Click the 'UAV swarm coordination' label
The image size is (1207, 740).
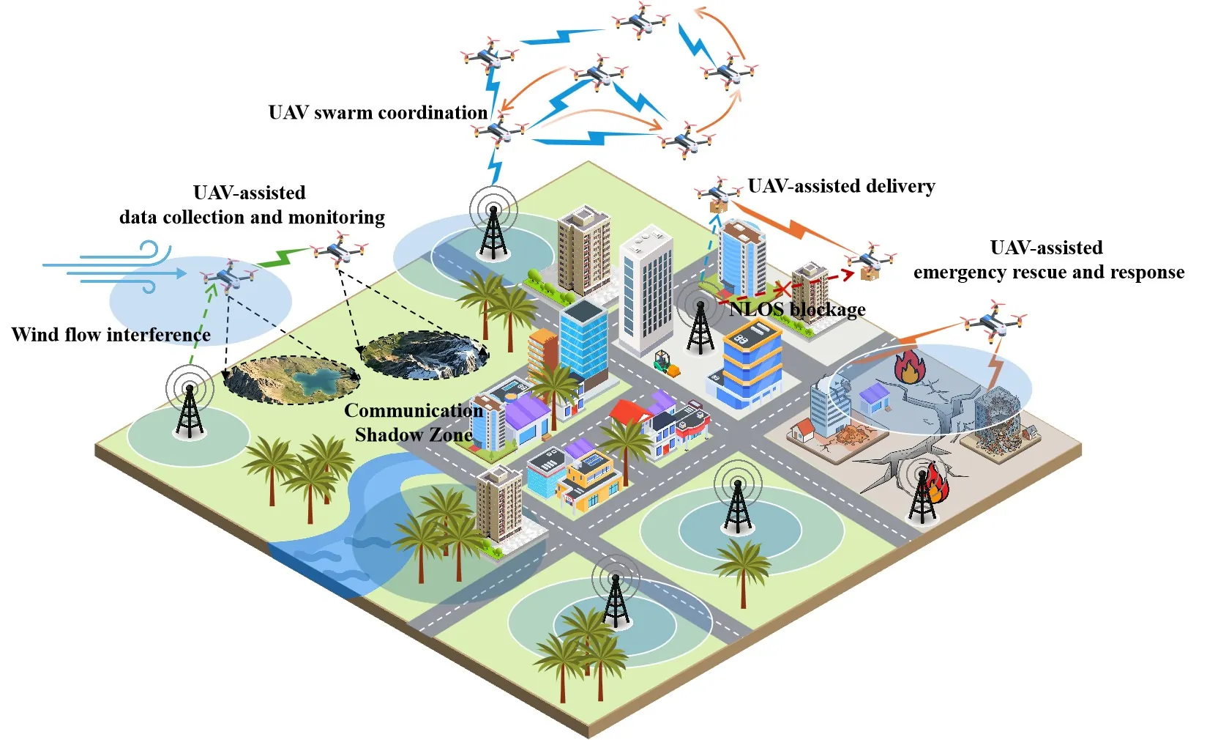click(378, 113)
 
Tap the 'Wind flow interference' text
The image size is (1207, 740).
click(111, 334)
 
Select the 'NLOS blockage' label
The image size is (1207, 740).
click(798, 310)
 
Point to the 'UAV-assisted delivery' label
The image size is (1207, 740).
click(841, 186)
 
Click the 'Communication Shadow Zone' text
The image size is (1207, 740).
click(414, 422)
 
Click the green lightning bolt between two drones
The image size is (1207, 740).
click(283, 258)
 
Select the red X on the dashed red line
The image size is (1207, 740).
click(782, 289)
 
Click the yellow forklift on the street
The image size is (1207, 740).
click(667, 363)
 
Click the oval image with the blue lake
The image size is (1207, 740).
click(292, 380)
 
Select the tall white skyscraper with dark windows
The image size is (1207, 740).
click(646, 291)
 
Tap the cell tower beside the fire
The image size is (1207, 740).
click(922, 495)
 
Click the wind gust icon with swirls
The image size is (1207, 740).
click(108, 267)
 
